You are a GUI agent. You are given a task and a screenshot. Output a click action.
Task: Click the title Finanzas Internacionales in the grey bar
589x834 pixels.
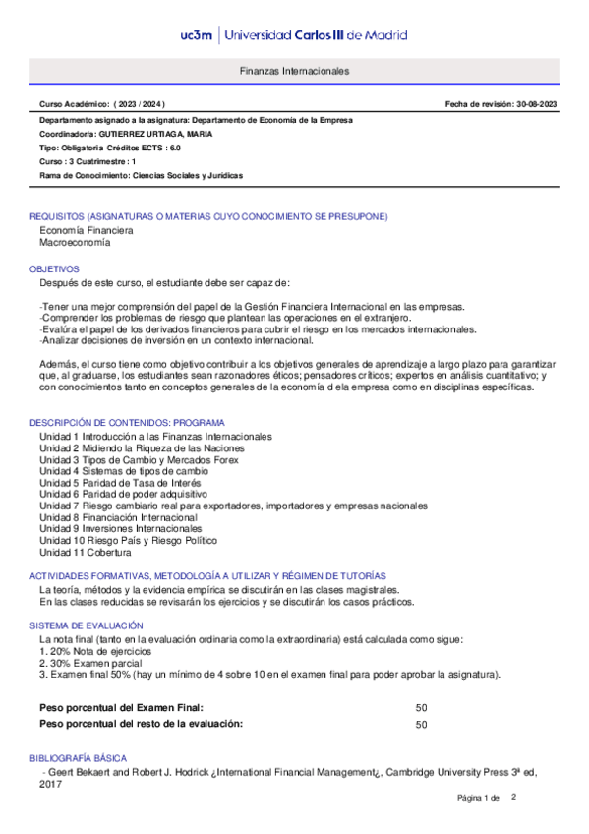pyautogui.click(x=294, y=72)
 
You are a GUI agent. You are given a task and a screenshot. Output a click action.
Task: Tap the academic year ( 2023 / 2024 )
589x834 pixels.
pyautogui.click(x=140, y=104)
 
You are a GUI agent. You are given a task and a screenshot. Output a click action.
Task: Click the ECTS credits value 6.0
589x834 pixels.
pyautogui.click(x=175, y=148)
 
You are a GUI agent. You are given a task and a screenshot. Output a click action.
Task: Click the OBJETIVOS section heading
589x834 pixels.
pyautogui.click(x=54, y=268)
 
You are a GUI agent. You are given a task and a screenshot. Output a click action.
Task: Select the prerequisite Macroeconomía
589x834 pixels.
pyautogui.click(x=75, y=242)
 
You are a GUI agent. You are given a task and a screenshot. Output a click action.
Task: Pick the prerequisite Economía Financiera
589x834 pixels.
pyautogui.click(x=86, y=230)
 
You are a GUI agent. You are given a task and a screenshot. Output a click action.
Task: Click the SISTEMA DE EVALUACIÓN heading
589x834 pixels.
pyautogui.click(x=87, y=625)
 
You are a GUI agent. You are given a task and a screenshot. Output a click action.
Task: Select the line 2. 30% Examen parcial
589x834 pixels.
pyautogui.click(x=90, y=663)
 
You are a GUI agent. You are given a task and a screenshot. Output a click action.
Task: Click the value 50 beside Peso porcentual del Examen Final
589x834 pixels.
pyautogui.click(x=421, y=707)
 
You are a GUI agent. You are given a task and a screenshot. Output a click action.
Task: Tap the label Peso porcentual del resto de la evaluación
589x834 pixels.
pyautogui.click(x=141, y=724)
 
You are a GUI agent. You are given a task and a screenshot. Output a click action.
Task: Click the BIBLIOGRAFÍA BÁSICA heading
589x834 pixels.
pyautogui.click(x=79, y=760)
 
